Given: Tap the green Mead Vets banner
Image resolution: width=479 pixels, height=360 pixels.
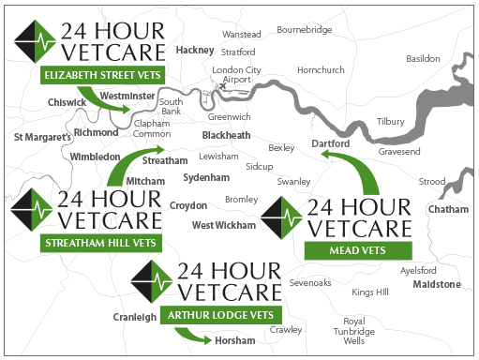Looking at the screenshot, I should click(x=359, y=249).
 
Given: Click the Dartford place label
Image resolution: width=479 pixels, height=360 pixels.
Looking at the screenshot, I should click(x=329, y=144).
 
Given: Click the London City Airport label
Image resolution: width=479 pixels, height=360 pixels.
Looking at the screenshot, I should click(x=237, y=76).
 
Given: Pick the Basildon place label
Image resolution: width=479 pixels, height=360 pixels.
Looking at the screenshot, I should click(x=423, y=58).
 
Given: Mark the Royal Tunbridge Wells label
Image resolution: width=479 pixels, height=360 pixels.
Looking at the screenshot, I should click(x=354, y=331).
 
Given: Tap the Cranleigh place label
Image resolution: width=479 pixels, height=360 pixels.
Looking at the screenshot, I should click(x=135, y=317).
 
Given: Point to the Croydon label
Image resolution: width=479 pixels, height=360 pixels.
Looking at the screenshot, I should click(x=188, y=205).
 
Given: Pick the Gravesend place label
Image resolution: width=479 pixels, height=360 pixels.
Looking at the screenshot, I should click(x=400, y=151).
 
